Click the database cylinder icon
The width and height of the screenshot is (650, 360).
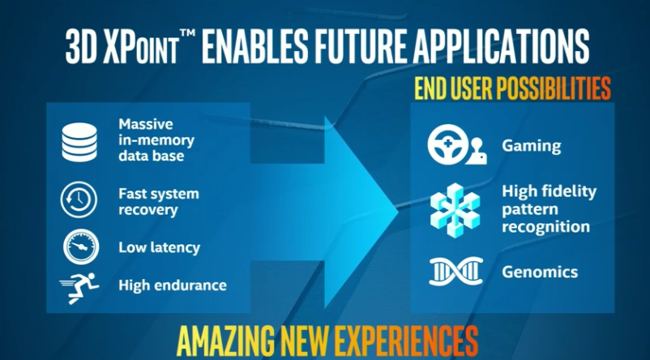coord(79,142)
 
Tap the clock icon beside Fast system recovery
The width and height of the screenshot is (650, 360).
coord(79,199)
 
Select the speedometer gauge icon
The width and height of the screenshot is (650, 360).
coord(81,246)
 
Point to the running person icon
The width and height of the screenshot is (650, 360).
coord(79,288)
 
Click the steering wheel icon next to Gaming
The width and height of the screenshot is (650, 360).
coord(447,145)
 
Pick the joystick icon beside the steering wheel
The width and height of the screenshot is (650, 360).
coord(477,152)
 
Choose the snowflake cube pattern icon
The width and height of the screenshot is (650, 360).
coord(455,210)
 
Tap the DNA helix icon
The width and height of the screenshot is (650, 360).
coord(456,272)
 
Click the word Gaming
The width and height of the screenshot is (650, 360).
coord(532,146)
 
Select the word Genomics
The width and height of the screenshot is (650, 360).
coord(540,272)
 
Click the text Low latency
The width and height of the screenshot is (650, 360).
coord(159,247)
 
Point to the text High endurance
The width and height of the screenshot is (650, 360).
coord(173,285)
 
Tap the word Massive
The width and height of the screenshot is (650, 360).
coord(139,123)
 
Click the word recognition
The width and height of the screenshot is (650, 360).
coord(545,227)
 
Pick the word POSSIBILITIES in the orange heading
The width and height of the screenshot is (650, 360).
coord(554,88)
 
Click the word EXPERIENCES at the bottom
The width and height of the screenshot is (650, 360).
coord(406,341)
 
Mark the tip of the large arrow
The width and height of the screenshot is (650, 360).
coord(398,212)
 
